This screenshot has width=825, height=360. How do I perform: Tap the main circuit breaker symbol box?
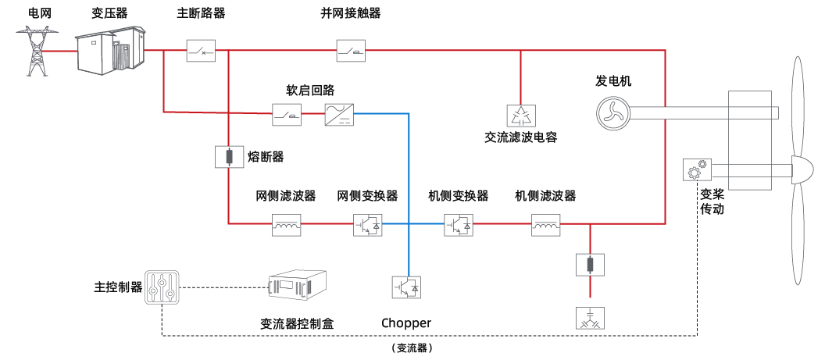pos(200,52)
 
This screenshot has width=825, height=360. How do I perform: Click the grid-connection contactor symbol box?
pos(350,52)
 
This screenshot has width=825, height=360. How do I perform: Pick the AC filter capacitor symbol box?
pos(520,115)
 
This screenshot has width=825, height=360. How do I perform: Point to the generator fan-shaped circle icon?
pos(612,112)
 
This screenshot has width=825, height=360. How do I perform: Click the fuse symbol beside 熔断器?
pos(228,158)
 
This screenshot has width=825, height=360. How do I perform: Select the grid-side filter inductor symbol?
pos(285,226)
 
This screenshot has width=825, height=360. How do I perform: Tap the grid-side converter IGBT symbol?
pos(368,225)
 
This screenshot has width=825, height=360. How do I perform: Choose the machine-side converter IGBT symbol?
pos(459,225)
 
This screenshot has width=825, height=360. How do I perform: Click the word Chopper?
pos(406,323)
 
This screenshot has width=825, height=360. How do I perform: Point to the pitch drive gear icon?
pos(695,169)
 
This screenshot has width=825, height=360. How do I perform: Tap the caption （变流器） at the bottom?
pos(412,348)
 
